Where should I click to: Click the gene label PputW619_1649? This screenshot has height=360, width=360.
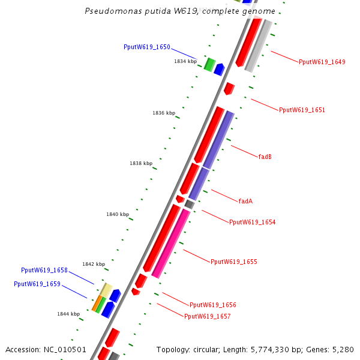tap(322, 62)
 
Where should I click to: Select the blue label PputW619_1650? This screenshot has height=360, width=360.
tap(147, 47)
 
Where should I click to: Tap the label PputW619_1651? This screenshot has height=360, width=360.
tap(302, 110)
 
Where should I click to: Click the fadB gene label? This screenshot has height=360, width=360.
tap(265, 157)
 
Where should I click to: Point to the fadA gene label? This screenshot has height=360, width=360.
tap(245, 201)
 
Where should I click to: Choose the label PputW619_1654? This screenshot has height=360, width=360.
tap(252, 222)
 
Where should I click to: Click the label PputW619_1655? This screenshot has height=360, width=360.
tap(233, 262)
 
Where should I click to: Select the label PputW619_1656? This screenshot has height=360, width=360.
tap(213, 305)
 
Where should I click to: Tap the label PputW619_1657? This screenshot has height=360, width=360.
tap(207, 316)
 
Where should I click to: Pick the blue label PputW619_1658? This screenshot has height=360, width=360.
tap(44, 271)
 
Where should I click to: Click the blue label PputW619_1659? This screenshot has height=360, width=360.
tap(37, 284)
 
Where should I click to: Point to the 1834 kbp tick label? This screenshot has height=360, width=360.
tap(185, 61)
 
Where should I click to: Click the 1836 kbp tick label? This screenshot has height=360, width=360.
tap(164, 113)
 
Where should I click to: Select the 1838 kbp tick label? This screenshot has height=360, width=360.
tap(141, 163)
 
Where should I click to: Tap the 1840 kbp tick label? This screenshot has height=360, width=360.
tap(118, 214)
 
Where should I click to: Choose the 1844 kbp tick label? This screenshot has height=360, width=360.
tap(68, 314)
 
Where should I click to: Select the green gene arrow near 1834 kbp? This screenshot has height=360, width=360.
tap(209, 64)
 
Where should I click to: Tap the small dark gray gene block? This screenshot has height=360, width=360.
tap(189, 204)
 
